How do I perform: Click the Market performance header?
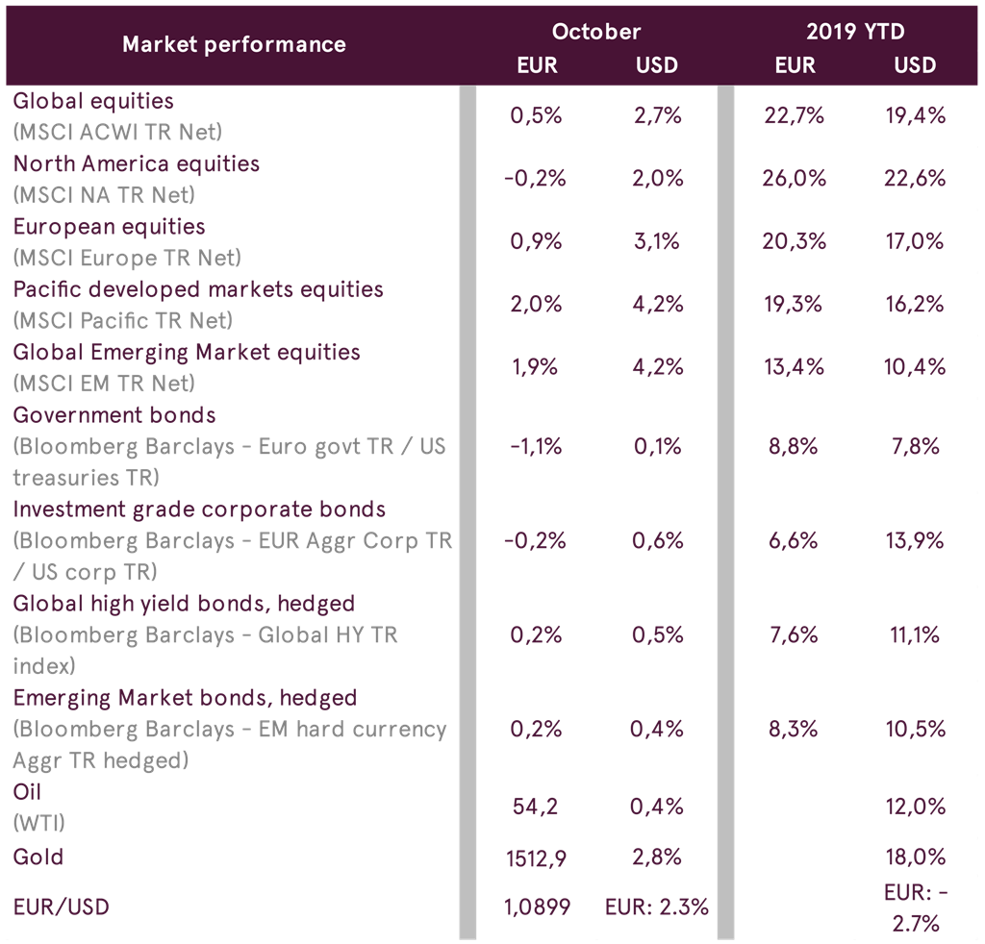click(x=234, y=44)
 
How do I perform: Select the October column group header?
click(x=595, y=32)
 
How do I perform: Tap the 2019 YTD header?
click(x=855, y=32)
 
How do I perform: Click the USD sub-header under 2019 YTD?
click(x=914, y=65)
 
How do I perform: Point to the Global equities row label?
click(x=93, y=101)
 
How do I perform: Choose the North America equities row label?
click(x=137, y=163)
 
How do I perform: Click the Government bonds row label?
click(x=114, y=415)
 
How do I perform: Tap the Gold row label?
click(x=38, y=857)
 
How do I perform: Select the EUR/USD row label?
click(x=62, y=906)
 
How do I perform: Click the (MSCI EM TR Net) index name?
click(x=104, y=383)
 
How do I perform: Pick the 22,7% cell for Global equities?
click(x=794, y=116)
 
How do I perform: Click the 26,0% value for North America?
click(x=794, y=179)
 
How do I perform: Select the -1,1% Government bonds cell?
click(x=536, y=447)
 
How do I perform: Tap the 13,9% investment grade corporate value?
click(x=915, y=541)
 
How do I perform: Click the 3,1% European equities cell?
click(x=658, y=241)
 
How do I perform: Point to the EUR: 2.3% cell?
click(x=657, y=907)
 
